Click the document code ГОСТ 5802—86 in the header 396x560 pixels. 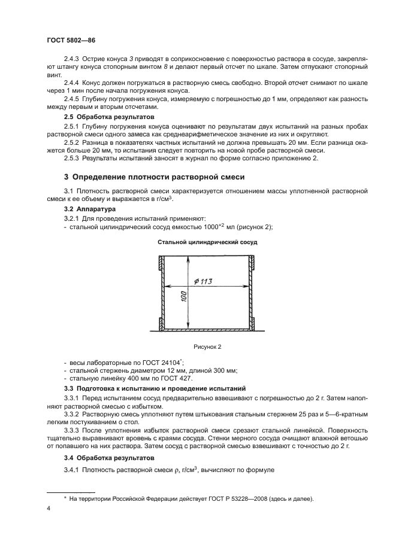pyautogui.click(x=71, y=39)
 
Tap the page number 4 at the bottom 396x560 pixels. pyautogui.click(x=48, y=508)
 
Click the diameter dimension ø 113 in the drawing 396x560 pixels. pyautogui.click(x=205, y=282)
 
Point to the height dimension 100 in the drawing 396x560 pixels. pyautogui.click(x=184, y=297)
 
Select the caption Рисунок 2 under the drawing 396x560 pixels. pyautogui.click(x=206, y=346)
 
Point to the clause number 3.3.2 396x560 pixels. pyautogui.click(x=72, y=413)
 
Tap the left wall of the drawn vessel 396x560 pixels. pyautogui.click(x=161, y=293)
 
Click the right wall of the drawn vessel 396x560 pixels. pyautogui.click(x=252, y=293)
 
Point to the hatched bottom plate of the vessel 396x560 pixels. pyautogui.click(x=206, y=328)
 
